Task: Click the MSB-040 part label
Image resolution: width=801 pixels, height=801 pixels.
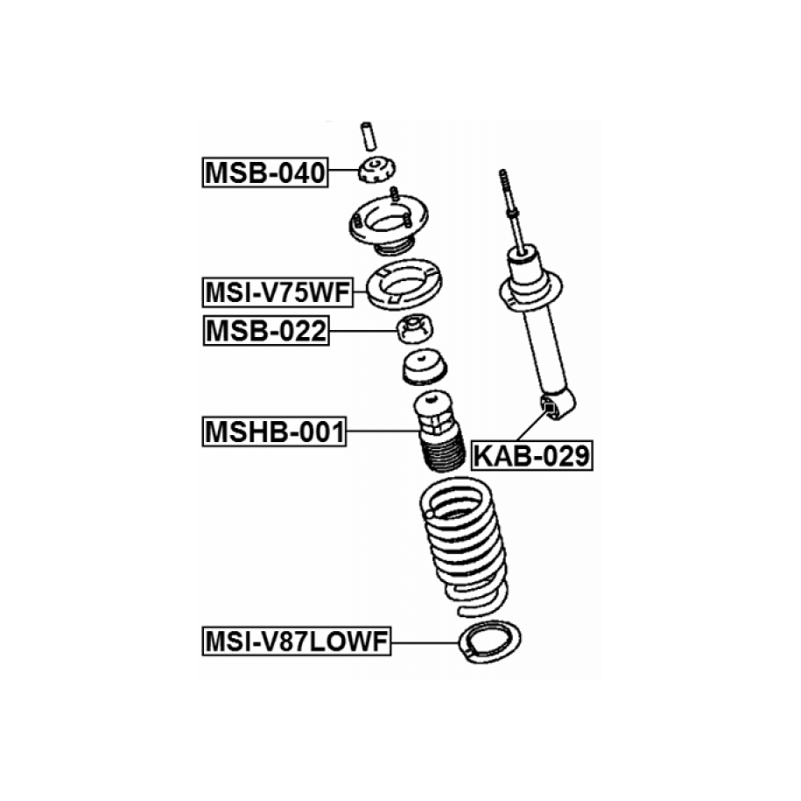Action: click(x=265, y=172)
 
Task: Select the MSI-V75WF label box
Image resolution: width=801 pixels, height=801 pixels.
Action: click(x=278, y=292)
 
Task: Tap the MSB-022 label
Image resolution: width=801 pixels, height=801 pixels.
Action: click(x=266, y=331)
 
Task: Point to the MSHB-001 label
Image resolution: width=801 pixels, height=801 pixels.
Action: click(x=274, y=432)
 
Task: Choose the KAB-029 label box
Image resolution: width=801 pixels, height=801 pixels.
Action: click(x=531, y=455)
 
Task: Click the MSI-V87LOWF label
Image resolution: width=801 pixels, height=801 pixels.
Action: click(x=297, y=641)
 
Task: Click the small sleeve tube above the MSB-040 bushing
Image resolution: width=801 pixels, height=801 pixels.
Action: click(x=368, y=137)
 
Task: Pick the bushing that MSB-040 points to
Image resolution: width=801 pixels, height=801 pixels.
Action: click(x=377, y=170)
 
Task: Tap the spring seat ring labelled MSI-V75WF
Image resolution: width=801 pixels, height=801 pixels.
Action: click(x=404, y=284)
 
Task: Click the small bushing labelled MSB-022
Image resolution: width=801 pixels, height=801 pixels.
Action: click(x=415, y=329)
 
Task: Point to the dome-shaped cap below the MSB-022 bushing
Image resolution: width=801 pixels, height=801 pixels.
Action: click(x=425, y=367)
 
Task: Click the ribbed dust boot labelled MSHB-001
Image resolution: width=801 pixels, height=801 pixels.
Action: click(x=439, y=432)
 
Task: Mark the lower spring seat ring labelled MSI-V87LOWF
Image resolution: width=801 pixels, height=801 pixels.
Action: click(x=490, y=642)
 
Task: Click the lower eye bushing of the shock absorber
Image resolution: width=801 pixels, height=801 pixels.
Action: click(x=550, y=408)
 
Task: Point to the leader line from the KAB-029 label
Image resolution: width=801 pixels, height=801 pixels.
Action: click(x=531, y=425)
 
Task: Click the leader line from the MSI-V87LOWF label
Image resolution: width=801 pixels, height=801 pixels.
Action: click(x=425, y=643)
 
